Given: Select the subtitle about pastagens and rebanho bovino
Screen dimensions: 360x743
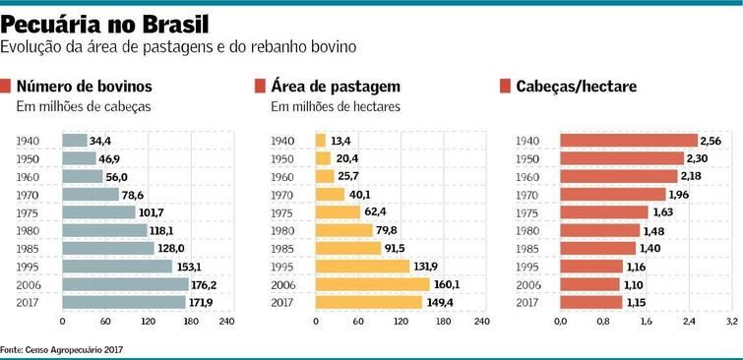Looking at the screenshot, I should pyautogui.click(x=178, y=47).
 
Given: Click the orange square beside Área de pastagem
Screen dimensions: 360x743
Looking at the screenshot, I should pyautogui.click(x=260, y=87).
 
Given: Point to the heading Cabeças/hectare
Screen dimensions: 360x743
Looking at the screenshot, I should pyautogui.click(x=576, y=87).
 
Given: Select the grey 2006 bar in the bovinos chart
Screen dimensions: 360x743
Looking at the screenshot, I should pyautogui.click(x=124, y=284).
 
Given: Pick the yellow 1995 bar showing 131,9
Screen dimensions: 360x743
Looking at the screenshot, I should pyautogui.click(x=361, y=266).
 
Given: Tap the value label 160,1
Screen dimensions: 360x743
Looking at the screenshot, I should pyautogui.click(x=445, y=284).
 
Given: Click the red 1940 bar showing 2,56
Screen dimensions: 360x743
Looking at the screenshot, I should pyautogui.click(x=628, y=141).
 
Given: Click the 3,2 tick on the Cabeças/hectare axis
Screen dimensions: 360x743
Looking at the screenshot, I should pyautogui.click(x=731, y=321).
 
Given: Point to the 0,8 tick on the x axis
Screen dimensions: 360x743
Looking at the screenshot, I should pyautogui.click(x=603, y=321).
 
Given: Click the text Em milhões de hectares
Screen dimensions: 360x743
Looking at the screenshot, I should pyautogui.click(x=336, y=106).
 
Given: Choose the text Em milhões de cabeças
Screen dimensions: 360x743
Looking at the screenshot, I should pyautogui.click(x=83, y=106).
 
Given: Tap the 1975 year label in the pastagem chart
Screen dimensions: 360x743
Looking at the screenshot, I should pyautogui.click(x=282, y=212).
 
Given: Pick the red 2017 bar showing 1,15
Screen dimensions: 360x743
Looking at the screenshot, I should pyautogui.click(x=591, y=302).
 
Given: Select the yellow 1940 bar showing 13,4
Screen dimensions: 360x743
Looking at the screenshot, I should pyautogui.click(x=320, y=141).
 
